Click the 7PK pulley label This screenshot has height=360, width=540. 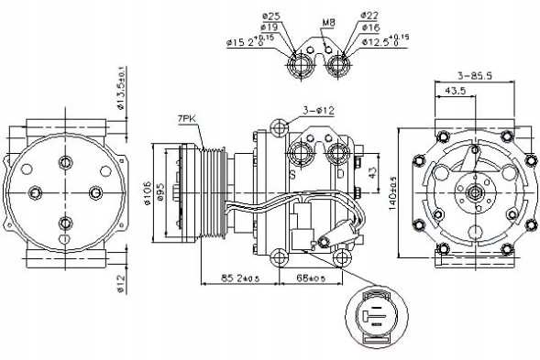pos(189,119)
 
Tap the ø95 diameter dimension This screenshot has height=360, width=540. pos(160,191)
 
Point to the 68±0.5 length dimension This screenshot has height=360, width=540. pos(314,277)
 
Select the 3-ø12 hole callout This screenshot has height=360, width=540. pos(314,110)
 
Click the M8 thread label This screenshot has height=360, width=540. pos(328,22)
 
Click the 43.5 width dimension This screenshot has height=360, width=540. pos(452,93)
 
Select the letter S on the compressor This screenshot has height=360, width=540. pos(292,171)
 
